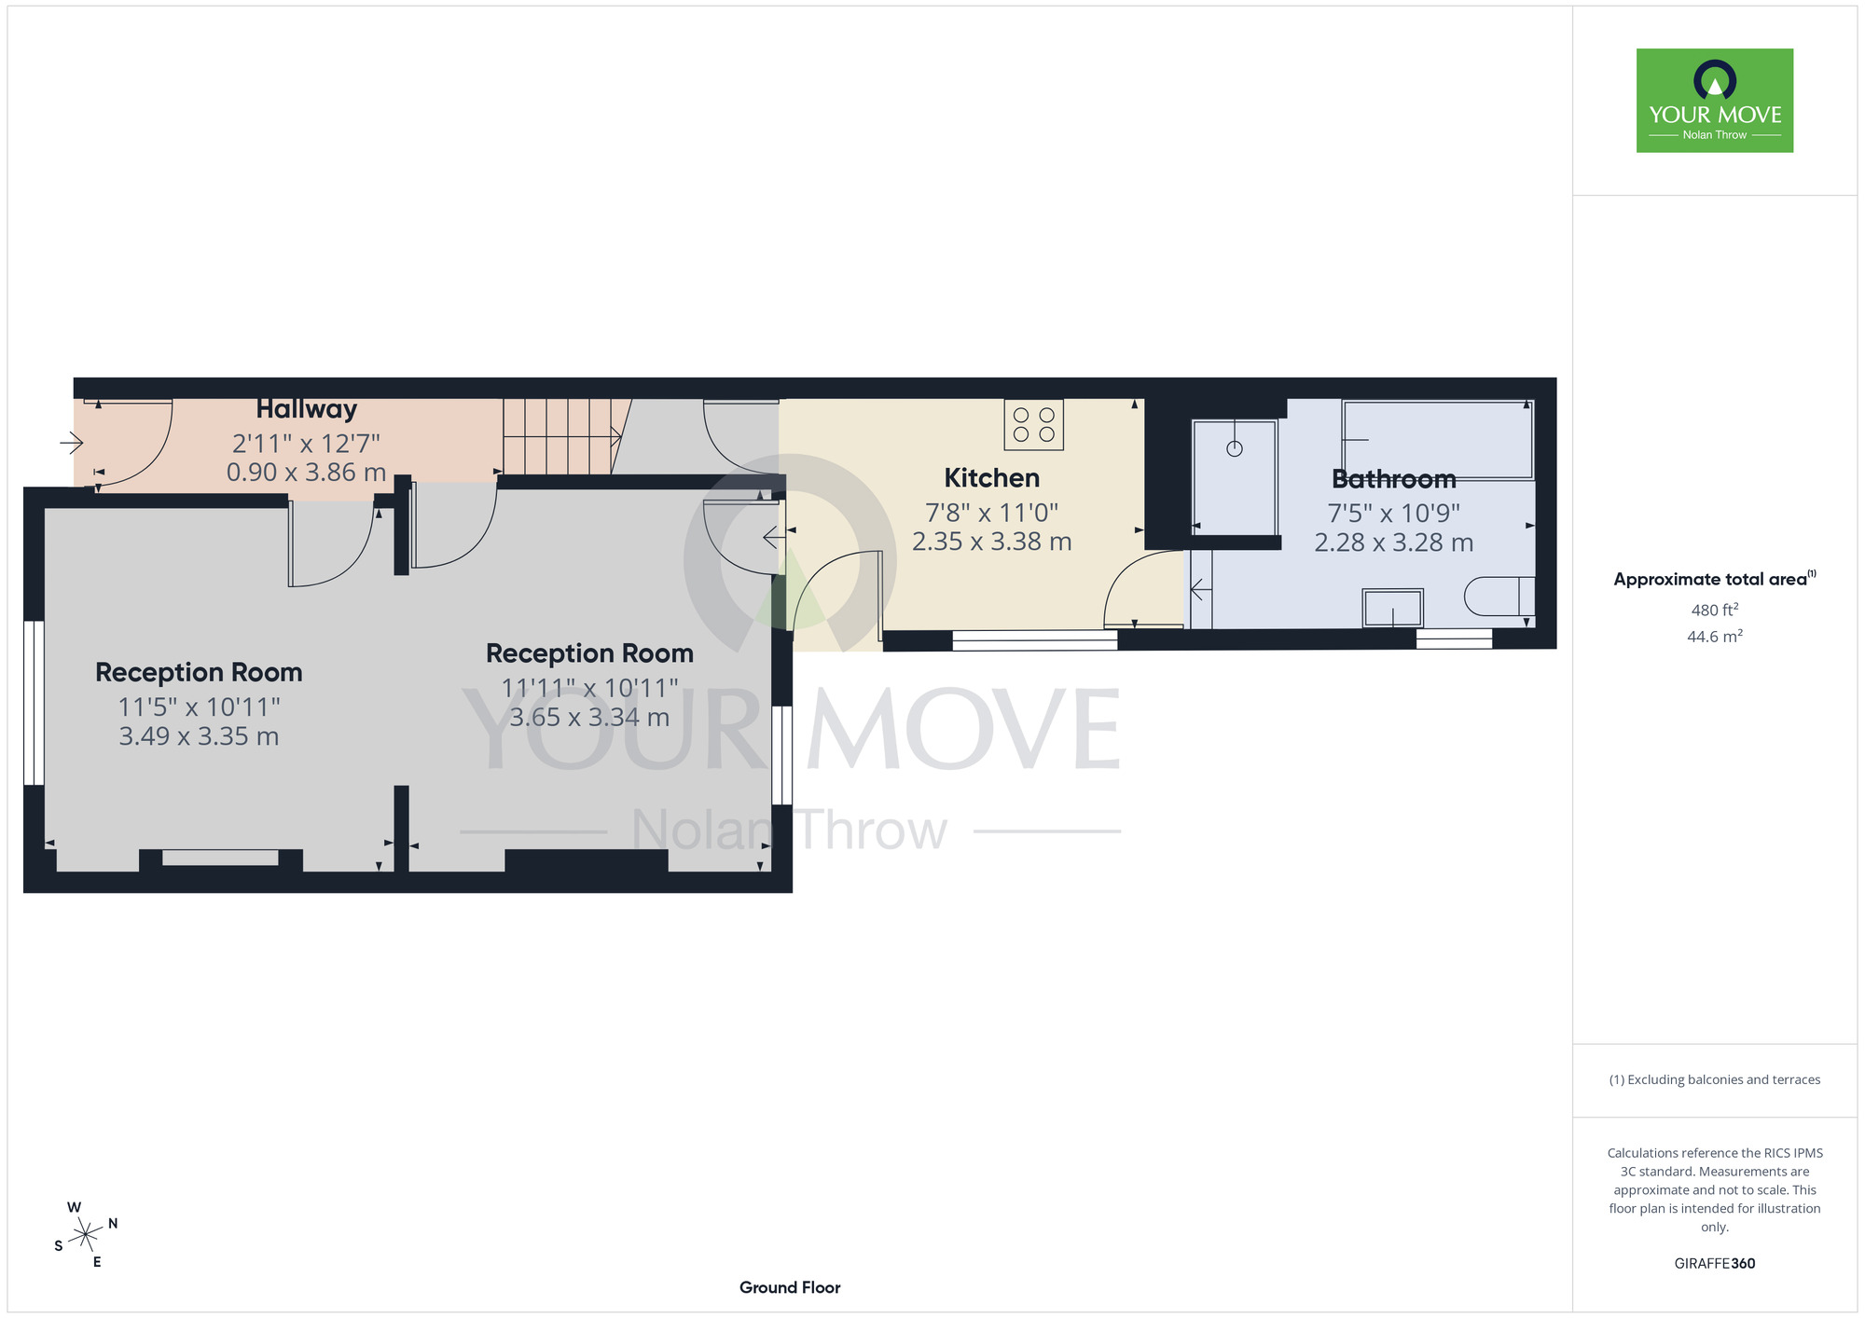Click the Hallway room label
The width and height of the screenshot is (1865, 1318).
(307, 409)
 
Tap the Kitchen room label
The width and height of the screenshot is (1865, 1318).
(991, 478)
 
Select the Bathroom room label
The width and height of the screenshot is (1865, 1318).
(1394, 479)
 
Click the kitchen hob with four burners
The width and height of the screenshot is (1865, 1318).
(1034, 425)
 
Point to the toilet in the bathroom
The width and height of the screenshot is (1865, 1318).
(1499, 597)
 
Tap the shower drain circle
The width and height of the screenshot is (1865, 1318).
(1235, 449)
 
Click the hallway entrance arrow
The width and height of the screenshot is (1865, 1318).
(72, 442)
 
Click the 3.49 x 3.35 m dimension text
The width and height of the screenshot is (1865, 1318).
(199, 736)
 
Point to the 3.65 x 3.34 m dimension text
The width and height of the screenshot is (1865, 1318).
(589, 718)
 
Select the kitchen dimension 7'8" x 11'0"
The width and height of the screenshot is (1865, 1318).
(991, 512)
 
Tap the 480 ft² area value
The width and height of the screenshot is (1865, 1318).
(1715, 610)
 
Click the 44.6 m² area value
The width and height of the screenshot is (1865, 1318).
(1715, 637)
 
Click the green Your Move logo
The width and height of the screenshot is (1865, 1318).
(1715, 101)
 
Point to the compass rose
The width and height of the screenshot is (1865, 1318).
(86, 1235)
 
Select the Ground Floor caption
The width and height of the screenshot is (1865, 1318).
(790, 1287)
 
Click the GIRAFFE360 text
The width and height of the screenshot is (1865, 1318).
(1715, 1264)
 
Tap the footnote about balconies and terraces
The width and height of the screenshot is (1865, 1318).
(1715, 1079)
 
